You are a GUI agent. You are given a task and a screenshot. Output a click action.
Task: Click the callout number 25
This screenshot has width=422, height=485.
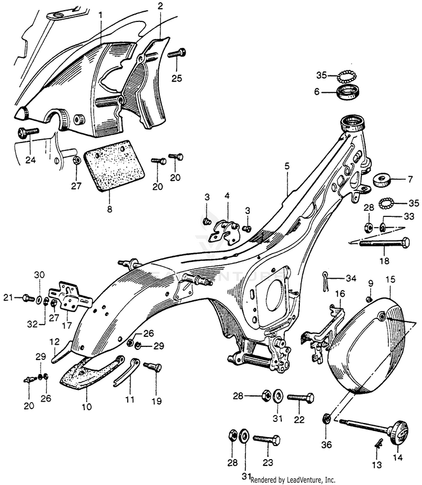[x=177, y=78]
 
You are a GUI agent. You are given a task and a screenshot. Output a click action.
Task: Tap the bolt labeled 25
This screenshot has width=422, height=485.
[x=176, y=54]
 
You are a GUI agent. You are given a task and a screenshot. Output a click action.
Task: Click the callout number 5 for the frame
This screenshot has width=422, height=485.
[x=287, y=167]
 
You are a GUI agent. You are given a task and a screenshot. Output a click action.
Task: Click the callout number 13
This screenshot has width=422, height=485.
[x=375, y=465]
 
